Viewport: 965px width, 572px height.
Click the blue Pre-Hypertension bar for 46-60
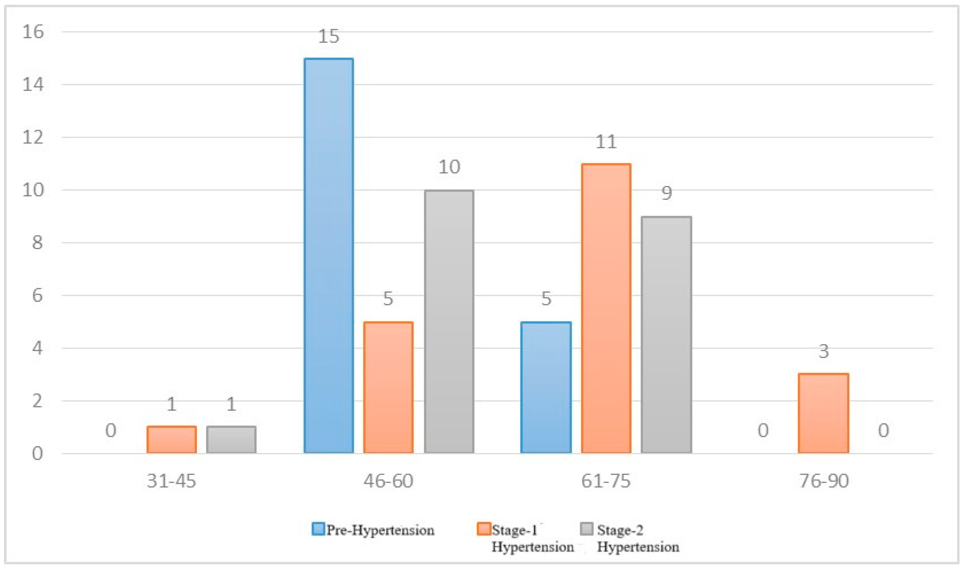(329, 256)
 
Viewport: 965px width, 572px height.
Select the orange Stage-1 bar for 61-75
(606, 308)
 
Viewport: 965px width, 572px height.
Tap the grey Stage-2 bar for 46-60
(449, 321)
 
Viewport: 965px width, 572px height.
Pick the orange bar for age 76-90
(823, 413)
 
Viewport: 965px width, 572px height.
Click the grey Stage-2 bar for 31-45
(231, 439)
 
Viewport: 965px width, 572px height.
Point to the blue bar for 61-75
(546, 387)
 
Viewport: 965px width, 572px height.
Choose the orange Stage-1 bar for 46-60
(388, 387)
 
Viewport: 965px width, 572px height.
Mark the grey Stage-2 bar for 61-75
(666, 335)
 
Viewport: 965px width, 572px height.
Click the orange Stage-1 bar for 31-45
(172, 439)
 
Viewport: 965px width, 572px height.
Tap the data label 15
(329, 37)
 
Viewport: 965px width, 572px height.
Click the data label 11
(606, 142)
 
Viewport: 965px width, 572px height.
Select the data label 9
(666, 193)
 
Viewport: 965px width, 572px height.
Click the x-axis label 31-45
(172, 481)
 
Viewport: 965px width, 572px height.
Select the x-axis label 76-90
(824, 481)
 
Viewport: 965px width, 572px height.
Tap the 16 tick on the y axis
(33, 31)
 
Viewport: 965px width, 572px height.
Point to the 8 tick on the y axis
(37, 243)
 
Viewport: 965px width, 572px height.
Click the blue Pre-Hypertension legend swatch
(318, 529)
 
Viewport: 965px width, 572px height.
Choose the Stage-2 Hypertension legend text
(637, 538)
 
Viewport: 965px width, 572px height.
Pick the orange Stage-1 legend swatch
(483, 529)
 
